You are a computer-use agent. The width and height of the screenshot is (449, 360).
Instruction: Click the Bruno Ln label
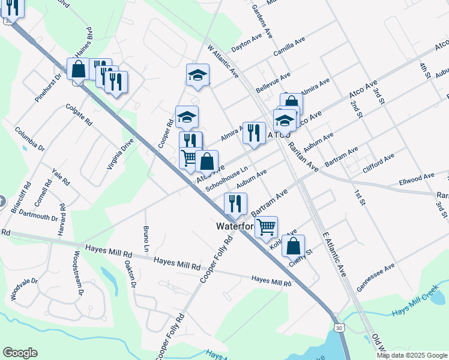pyautogui.click(x=146, y=238)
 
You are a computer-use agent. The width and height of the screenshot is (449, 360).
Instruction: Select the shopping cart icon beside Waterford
pyautogui.click(x=266, y=227)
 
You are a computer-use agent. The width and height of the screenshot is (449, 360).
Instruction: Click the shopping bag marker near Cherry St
pyautogui.click(x=293, y=246)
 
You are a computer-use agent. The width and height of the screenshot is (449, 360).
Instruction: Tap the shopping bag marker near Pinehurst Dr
pyautogui.click(x=78, y=69)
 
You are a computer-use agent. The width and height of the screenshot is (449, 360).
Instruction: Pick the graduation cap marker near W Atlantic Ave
pyautogui.click(x=197, y=75)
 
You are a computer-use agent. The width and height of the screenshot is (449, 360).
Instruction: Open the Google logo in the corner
pyautogui.click(x=20, y=353)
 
